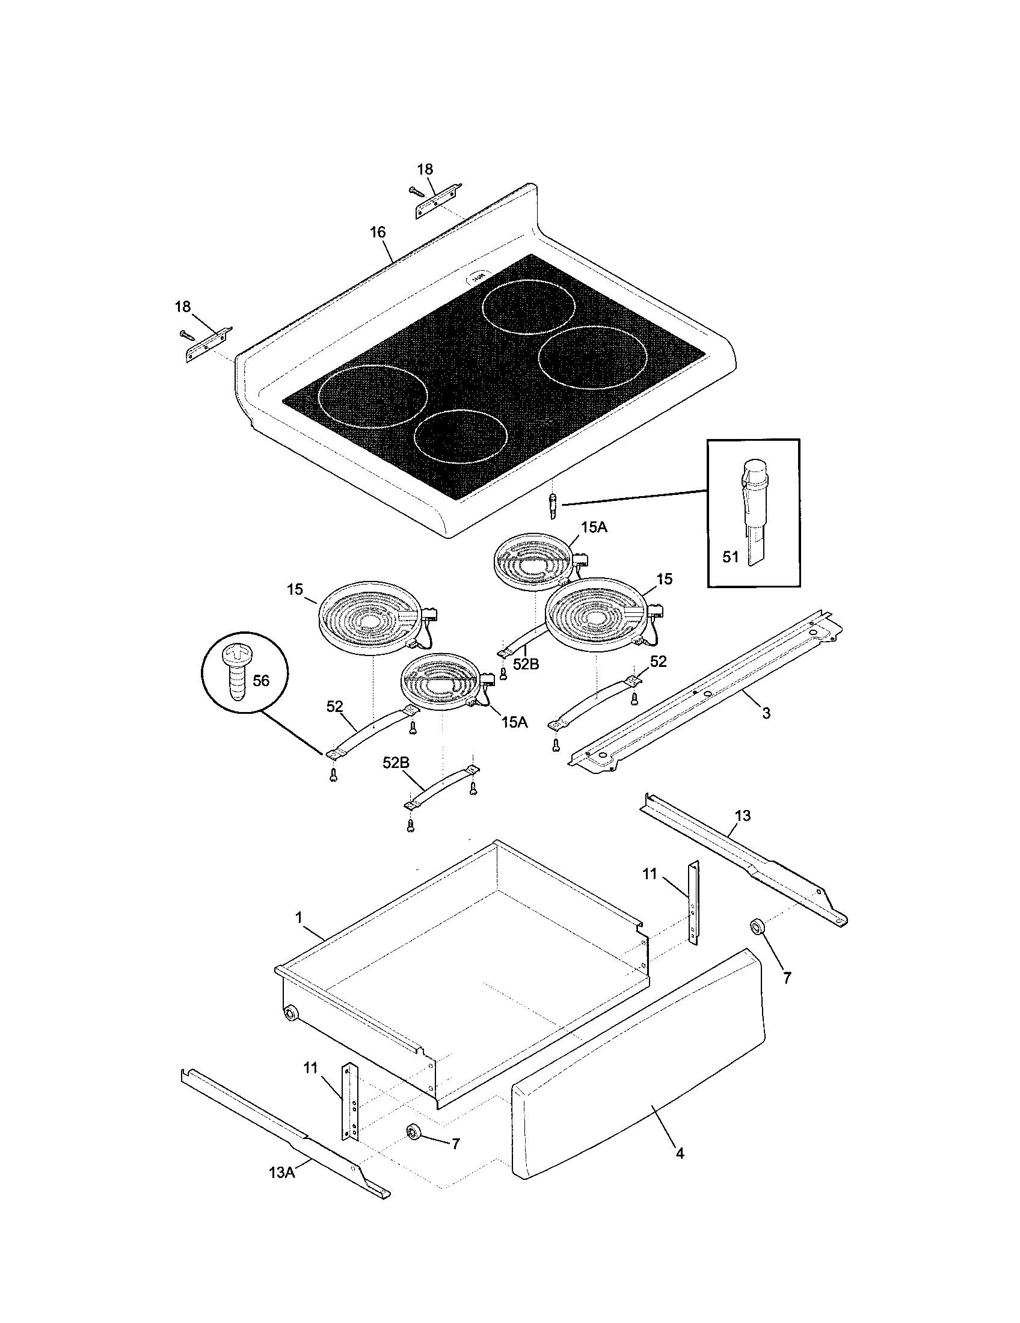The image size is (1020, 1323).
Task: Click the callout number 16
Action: coord(377,232)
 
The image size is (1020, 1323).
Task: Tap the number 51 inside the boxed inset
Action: coord(731,556)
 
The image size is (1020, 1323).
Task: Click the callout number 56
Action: coord(260,680)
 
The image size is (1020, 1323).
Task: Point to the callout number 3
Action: coord(766,714)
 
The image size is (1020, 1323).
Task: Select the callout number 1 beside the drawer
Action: coord(299,918)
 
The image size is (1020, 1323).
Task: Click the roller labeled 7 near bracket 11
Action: coord(414,1132)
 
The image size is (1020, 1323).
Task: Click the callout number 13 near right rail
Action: coord(743,816)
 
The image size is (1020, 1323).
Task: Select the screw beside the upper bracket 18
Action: coord(416,191)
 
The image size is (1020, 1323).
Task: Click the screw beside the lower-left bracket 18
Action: coord(186,333)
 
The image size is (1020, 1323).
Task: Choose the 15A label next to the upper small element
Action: coord(594,527)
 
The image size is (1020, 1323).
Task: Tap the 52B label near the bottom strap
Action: coord(396,763)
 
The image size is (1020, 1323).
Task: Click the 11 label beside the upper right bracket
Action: coord(650,874)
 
